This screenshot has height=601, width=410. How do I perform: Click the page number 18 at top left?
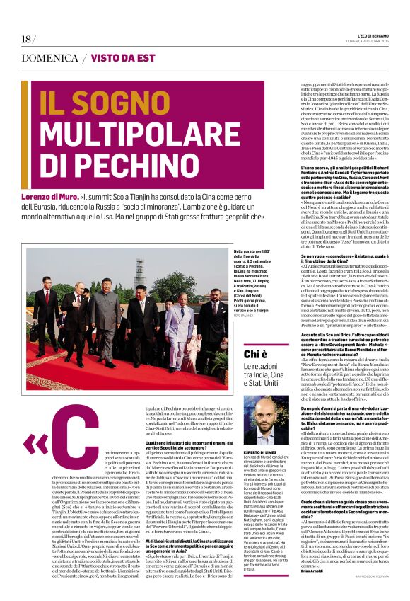(27, 40)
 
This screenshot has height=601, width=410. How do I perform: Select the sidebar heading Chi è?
(255, 353)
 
